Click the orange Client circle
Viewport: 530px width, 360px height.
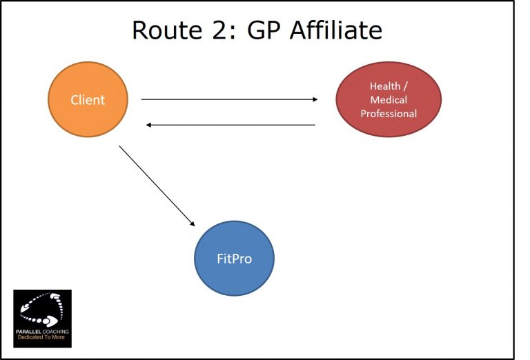coord(88,99)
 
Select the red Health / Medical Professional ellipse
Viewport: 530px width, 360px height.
coord(389,99)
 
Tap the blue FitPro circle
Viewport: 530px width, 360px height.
coord(234,259)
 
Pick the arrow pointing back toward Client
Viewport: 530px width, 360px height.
coord(230,125)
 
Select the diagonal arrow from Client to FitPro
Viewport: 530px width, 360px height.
coord(157,186)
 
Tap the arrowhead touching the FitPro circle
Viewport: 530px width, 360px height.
coord(192,223)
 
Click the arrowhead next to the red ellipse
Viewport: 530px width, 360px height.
coord(314,99)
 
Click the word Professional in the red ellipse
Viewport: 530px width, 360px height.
coord(389,113)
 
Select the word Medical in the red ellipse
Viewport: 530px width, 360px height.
coord(389,100)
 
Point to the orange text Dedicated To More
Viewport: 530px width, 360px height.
coord(42,341)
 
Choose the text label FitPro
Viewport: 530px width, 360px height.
coord(234,259)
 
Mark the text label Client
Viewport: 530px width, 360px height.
coord(88,100)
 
